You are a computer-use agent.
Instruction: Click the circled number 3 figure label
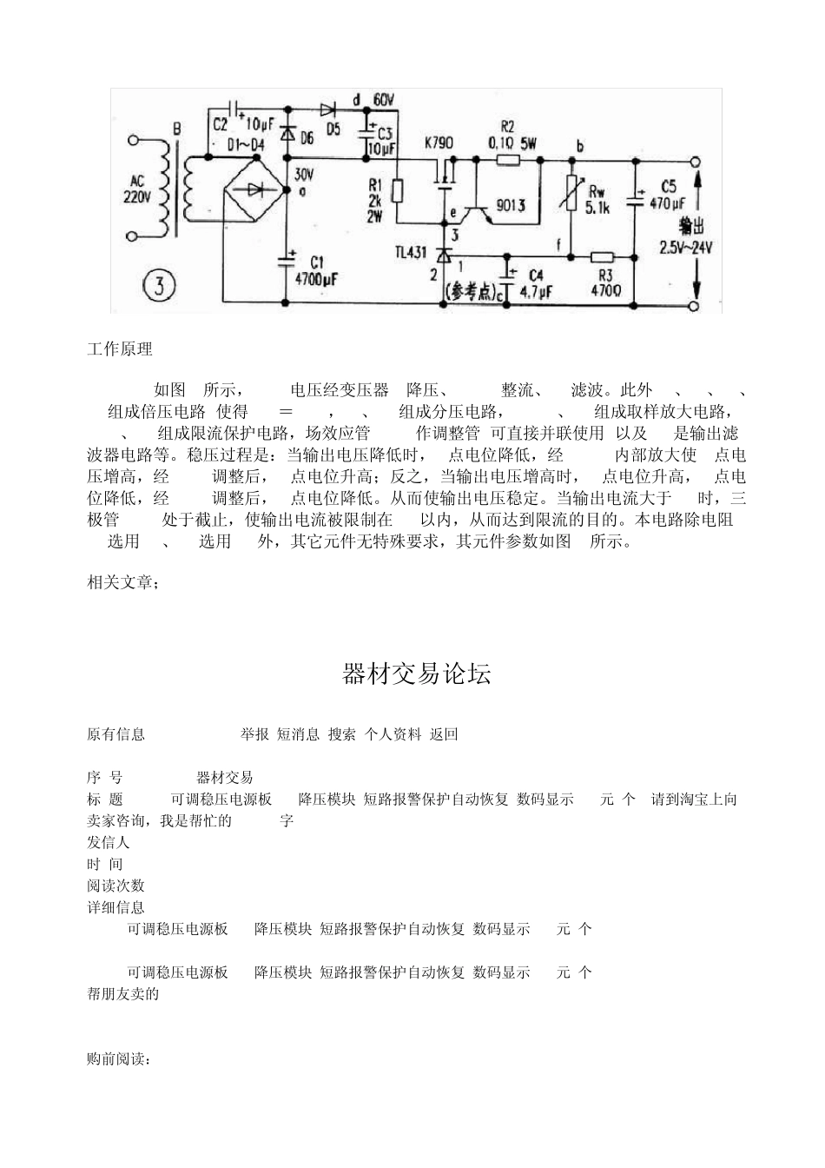point(159,285)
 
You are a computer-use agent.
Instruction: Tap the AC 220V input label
point(138,189)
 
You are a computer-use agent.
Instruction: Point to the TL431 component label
point(410,252)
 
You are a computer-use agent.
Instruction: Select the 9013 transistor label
point(510,205)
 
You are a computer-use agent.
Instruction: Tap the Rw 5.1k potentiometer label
point(598,199)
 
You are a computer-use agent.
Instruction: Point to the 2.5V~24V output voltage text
point(685,247)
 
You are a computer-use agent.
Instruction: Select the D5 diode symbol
point(328,109)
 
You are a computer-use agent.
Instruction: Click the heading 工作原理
point(120,349)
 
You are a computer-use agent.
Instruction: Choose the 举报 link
point(254,734)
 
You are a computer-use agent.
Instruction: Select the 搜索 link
point(342,734)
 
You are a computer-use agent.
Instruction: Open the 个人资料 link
point(393,734)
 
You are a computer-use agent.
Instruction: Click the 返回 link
point(444,734)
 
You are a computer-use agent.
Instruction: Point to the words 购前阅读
point(119,1059)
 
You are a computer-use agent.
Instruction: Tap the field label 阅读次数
point(115,886)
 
